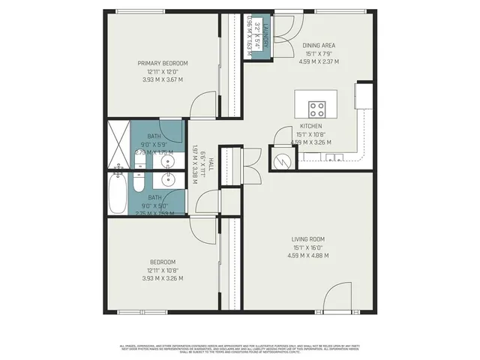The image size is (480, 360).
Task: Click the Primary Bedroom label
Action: (x=162, y=63)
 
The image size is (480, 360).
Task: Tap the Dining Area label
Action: (x=318, y=46)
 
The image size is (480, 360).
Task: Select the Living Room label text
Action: (x=307, y=240)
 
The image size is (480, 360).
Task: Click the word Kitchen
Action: (x=311, y=126)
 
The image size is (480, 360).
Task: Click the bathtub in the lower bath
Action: (x=118, y=193)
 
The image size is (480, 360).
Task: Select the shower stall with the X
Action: (x=118, y=145)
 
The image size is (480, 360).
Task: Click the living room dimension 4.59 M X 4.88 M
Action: (x=307, y=256)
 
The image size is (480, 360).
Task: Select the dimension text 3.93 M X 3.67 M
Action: (x=162, y=79)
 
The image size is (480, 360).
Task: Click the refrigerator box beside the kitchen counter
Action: (x=364, y=95)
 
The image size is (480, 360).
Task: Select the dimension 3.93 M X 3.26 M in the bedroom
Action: (x=162, y=278)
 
